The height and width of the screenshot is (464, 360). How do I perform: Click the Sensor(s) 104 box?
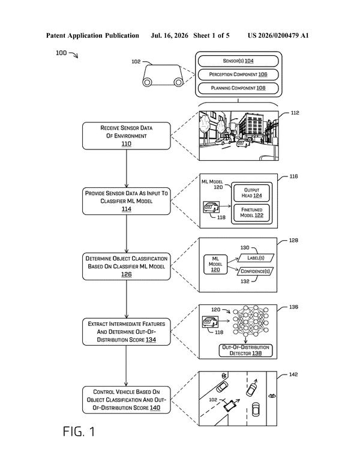(238, 61)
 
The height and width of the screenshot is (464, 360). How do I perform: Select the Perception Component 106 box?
(238, 74)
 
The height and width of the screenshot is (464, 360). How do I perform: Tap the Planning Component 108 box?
(238, 88)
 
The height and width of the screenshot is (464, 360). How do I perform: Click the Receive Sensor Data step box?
(127, 136)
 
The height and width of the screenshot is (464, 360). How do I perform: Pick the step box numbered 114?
(127, 201)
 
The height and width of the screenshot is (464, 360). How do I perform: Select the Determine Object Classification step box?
(127, 267)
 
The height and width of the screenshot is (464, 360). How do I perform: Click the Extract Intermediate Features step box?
(127, 332)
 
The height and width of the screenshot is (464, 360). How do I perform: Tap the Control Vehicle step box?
(127, 400)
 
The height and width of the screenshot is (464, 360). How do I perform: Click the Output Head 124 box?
(252, 193)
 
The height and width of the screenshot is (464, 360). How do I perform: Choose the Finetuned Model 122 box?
(252, 212)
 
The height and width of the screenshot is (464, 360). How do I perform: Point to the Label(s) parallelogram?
(256, 258)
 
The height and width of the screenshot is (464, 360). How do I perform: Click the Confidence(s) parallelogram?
(255, 271)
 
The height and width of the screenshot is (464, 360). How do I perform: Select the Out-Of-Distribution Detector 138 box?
(245, 351)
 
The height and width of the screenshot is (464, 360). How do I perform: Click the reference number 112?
(295, 113)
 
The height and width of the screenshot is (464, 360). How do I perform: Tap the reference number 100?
(61, 53)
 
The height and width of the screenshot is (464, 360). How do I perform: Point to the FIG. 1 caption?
(79, 432)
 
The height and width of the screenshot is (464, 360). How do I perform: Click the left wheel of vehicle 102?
(148, 82)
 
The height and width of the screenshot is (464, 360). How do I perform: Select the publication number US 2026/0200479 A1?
(278, 35)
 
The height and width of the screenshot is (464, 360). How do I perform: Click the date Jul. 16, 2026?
(169, 35)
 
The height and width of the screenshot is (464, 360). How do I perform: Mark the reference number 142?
(293, 375)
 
